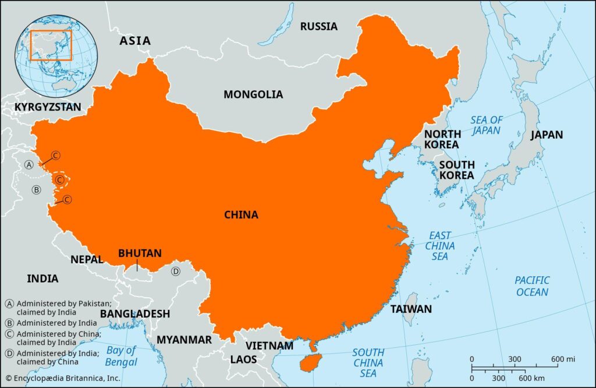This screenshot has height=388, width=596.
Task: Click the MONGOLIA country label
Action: (253, 94)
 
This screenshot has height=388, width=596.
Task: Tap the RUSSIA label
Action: (318, 26)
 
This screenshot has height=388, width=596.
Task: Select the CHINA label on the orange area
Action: (241, 215)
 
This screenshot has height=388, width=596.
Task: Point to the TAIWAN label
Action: (411, 309)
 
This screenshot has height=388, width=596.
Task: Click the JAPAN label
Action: (547, 135)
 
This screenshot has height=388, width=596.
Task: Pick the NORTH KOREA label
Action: (442, 139)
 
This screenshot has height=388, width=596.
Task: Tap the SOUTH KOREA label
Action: (457, 170)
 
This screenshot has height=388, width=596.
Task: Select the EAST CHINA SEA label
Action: (440, 246)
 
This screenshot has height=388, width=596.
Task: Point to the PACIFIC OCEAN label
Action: (532, 285)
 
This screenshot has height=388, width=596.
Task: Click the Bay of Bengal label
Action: (122, 356)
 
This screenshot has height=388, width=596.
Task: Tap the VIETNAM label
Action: (269, 345)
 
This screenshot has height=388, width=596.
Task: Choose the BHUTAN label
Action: (140, 253)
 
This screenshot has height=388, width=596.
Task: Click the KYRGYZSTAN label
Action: (48, 107)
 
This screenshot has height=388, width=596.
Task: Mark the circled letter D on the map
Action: (175, 271)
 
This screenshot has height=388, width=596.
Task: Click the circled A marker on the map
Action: (29, 165)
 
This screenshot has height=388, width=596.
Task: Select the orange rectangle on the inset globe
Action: (51, 45)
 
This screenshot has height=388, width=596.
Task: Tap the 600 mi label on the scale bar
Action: (563, 358)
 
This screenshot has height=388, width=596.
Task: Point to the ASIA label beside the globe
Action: (135, 41)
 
